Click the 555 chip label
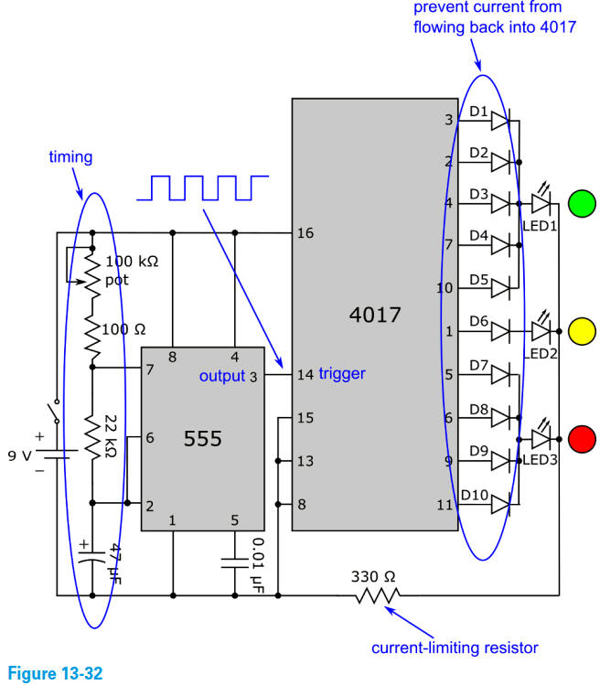tap(202, 439)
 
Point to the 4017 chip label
tap(375, 316)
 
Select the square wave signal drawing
tap(202, 187)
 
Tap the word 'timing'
tap(70, 157)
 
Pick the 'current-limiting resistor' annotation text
tap(455, 648)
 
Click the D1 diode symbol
tap(500, 119)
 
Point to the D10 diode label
tap(475, 496)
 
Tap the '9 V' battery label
tap(20, 454)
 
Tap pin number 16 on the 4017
tap(305, 233)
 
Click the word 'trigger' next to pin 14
tap(342, 374)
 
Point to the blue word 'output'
tap(222, 376)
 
